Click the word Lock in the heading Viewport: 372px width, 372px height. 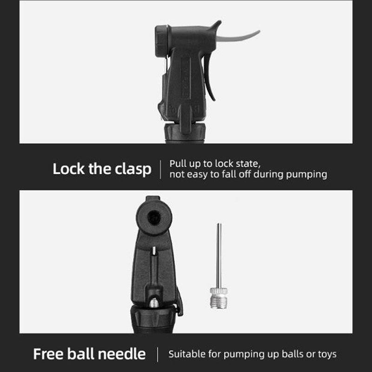[x=68, y=169]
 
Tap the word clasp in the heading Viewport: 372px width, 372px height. [x=133, y=170]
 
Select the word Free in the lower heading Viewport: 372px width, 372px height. [x=48, y=354]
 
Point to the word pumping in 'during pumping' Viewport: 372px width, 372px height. [x=306, y=175]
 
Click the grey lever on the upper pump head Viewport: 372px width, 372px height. [x=237, y=36]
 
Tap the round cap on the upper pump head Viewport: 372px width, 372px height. [x=161, y=41]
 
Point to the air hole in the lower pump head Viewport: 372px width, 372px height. [x=154, y=217]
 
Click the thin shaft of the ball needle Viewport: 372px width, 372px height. [x=219, y=255]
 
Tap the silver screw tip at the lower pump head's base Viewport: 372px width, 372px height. [x=154, y=303]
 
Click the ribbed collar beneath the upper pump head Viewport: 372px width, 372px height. [x=185, y=133]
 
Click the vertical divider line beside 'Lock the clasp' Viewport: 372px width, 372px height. [x=160, y=169]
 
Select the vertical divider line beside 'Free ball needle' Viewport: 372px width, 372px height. [x=158, y=354]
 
